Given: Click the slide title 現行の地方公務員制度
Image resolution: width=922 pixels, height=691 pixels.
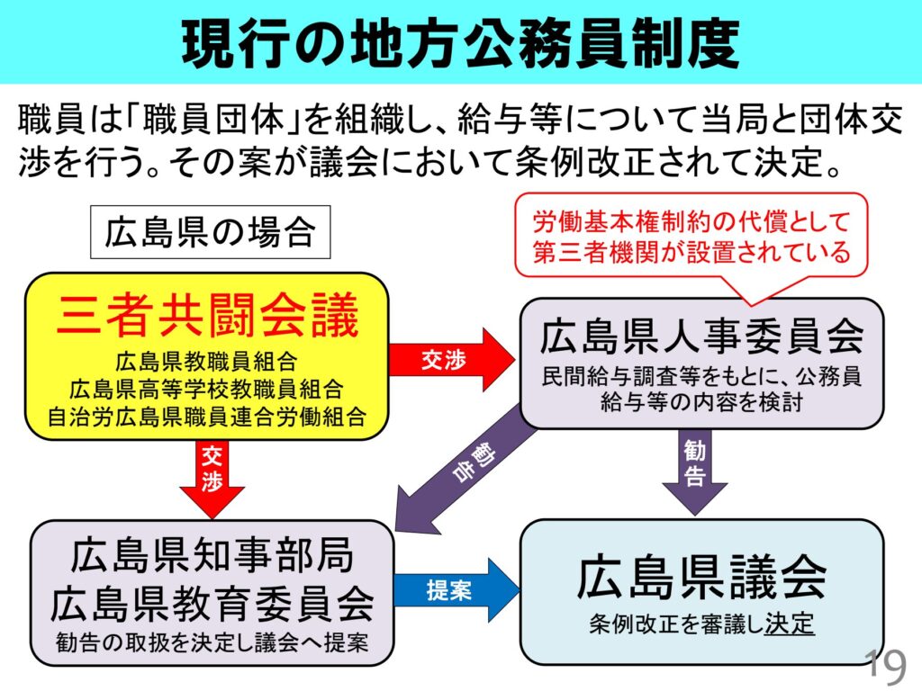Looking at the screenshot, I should (x=460, y=42).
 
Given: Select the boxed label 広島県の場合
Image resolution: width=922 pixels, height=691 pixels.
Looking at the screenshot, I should (x=210, y=233).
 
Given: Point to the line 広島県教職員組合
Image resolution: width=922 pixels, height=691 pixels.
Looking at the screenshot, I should (x=206, y=363).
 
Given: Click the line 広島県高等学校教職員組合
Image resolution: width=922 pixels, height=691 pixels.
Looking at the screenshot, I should (x=206, y=390).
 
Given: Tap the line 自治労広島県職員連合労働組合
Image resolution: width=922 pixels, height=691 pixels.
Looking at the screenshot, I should (x=206, y=416).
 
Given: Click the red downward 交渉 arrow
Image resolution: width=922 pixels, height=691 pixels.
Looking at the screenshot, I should (x=212, y=478).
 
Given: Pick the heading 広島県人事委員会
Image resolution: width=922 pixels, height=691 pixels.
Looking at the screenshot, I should (x=701, y=337).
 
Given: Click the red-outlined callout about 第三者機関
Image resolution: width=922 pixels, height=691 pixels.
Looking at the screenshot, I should (x=691, y=237).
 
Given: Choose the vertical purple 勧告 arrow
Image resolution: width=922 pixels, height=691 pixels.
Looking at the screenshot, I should (x=694, y=467).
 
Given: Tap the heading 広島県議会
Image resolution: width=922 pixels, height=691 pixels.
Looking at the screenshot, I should (x=701, y=577).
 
